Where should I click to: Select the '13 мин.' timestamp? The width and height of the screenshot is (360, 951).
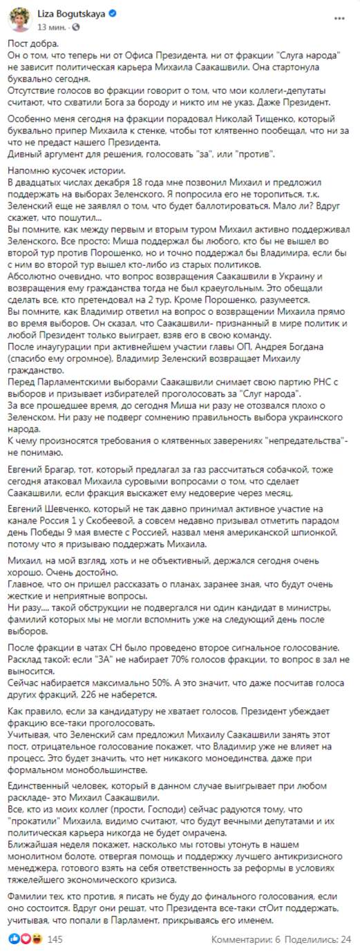click(52, 26)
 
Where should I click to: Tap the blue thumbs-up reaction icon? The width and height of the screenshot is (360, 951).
click(12, 939)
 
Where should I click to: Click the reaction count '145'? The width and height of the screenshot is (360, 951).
click(55, 939)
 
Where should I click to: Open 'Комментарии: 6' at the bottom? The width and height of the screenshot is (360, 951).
click(246, 939)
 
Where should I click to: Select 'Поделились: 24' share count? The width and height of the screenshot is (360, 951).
click(319, 939)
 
